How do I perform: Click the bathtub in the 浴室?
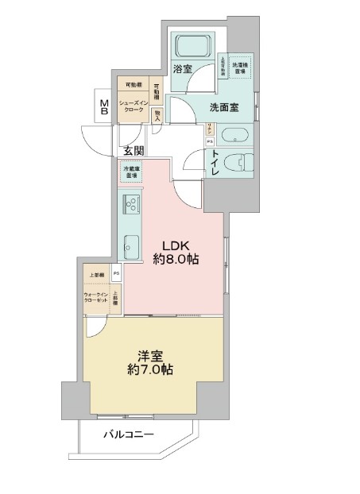[192, 44]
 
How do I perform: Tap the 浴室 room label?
[182, 70]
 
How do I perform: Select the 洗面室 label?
[225, 108]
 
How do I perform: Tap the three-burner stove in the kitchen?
[130, 206]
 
